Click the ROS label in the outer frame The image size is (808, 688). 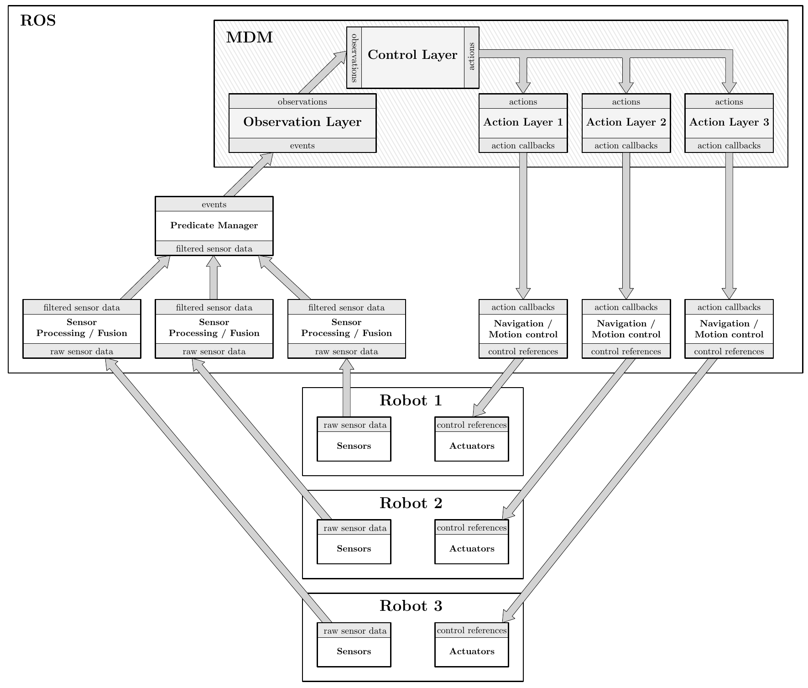38,21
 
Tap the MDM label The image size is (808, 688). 249,37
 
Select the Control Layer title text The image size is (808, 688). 412,55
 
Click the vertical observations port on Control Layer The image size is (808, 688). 354,58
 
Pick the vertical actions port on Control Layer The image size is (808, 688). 472,57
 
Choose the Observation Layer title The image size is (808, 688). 302,122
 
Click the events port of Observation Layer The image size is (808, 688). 302,146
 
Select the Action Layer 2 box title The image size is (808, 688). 626,122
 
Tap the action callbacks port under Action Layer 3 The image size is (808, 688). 729,146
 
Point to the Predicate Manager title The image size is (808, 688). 214,226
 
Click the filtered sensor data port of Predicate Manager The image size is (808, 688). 214,249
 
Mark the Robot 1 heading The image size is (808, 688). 411,400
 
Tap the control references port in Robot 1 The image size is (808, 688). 472,425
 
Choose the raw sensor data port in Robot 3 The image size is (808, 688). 354,631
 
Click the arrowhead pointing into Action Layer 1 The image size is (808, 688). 523,88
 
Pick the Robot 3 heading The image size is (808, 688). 411,606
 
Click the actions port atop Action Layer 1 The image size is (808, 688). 523,102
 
